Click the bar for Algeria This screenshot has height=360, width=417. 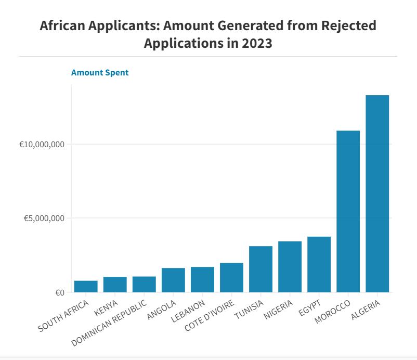tap(377, 194)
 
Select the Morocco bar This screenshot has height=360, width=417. tap(348, 212)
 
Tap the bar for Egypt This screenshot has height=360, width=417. tap(319, 264)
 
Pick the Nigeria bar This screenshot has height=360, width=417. tap(290, 267)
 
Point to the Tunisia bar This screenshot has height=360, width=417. tap(260, 269)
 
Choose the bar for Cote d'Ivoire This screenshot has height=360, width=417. tap(231, 277)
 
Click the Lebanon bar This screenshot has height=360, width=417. tap(202, 280)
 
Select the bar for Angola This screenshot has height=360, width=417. tap(173, 280)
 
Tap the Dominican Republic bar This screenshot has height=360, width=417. tap(144, 285)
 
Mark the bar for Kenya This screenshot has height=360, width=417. tap(115, 285)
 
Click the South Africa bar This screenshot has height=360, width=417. tap(86, 287)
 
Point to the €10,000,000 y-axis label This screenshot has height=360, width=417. tap(42, 145)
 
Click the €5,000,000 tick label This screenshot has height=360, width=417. tap(44, 218)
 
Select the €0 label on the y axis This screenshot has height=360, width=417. tap(60, 293)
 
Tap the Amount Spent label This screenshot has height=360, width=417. tap(100, 73)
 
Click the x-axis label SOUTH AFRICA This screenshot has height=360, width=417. tap(63, 316)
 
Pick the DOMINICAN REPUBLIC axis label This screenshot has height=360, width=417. tap(109, 323)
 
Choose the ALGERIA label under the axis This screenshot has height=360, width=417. tap(366, 310)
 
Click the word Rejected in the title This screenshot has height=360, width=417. tap(349, 25)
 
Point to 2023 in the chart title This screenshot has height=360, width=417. tap(257, 43)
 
